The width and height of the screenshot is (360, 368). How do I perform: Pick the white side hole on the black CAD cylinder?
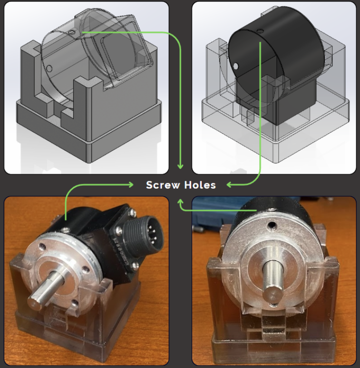coord(235,66)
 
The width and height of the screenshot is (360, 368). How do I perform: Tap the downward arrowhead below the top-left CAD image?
coord(180,166)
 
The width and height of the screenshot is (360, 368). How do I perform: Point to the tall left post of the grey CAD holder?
coord(27,71)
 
